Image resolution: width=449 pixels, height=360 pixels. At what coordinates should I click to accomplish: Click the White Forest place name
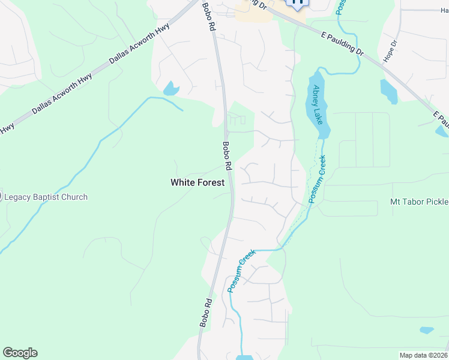(197, 182)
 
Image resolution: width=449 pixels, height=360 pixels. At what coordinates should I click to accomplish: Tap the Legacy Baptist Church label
(46, 197)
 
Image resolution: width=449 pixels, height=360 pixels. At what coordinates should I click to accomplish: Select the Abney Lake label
(317, 104)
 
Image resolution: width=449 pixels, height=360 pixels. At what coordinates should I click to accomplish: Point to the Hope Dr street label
(394, 52)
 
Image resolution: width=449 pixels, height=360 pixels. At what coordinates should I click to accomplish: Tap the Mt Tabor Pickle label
(419, 202)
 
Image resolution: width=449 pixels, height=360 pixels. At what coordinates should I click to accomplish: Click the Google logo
(20, 353)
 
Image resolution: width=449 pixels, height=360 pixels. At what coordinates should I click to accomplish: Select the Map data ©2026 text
(423, 355)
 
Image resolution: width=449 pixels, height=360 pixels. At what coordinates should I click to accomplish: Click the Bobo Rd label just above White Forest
(227, 155)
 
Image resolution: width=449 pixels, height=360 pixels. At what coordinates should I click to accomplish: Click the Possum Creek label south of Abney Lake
(317, 179)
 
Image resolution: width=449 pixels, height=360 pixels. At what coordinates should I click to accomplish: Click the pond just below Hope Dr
(388, 91)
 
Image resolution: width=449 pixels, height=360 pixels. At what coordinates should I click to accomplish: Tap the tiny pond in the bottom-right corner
(427, 330)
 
